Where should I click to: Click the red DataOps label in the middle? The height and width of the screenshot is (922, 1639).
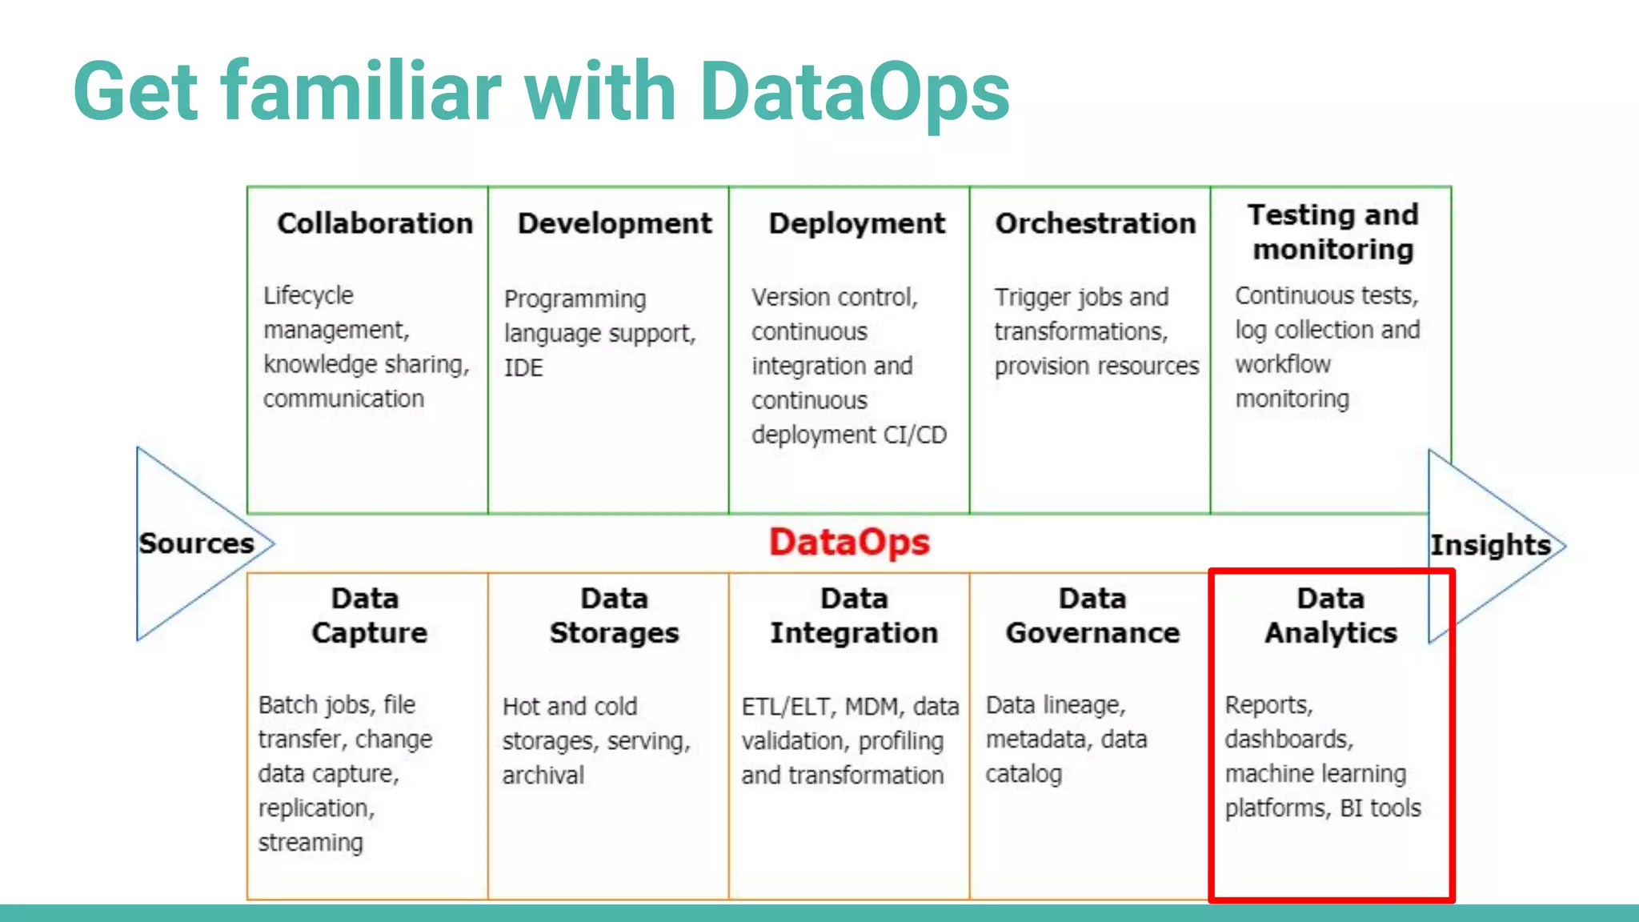click(849, 543)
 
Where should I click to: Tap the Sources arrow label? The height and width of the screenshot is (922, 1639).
click(196, 543)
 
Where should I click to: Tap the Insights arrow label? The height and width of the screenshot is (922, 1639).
click(1490, 545)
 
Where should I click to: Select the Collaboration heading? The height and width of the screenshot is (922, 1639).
click(375, 223)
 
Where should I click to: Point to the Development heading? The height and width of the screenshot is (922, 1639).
click(615, 223)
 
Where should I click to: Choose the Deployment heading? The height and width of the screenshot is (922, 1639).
click(856, 223)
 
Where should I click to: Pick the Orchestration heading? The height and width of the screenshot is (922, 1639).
click(1095, 223)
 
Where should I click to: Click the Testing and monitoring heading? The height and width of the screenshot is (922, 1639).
click(1332, 232)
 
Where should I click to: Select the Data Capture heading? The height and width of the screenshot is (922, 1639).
click(368, 615)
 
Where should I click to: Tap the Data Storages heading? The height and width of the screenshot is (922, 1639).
click(614, 615)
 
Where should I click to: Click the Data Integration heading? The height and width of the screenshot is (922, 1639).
click(853, 615)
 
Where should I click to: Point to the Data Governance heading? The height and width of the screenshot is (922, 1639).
click(1092, 615)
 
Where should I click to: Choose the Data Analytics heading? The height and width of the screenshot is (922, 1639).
click(1331, 615)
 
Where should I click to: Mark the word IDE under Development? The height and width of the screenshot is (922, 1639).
click(523, 368)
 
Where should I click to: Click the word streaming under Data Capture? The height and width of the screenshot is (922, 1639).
click(311, 843)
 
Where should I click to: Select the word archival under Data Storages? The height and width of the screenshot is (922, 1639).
click(543, 776)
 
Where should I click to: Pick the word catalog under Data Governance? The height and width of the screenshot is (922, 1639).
click(1024, 774)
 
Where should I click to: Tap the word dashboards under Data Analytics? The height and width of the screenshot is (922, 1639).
click(1288, 740)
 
